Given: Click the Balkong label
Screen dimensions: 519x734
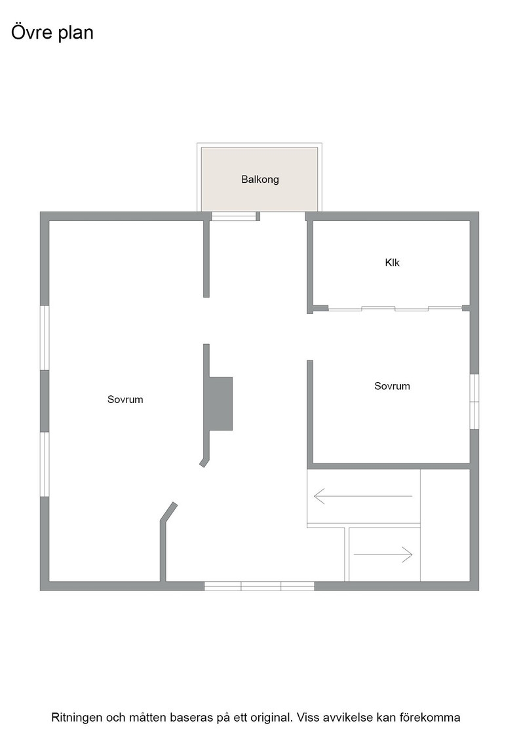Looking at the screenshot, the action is point(259,180).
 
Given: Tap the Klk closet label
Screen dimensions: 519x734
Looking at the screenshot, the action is point(392,263).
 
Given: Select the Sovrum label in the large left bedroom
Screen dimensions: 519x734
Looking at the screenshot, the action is point(125,399).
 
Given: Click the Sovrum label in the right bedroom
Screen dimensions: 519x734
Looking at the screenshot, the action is point(392,386).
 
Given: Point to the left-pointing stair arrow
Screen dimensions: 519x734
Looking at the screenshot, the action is point(363,495).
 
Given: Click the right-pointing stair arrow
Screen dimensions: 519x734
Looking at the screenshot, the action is point(383,554).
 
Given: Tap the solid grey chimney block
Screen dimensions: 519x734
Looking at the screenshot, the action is point(220,404).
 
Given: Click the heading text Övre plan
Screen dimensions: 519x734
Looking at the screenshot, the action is point(52,32).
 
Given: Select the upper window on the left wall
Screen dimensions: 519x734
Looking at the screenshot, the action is point(45,338).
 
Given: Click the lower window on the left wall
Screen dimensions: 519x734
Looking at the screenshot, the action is point(45,464).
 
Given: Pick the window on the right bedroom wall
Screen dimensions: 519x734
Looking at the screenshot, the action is point(474,401).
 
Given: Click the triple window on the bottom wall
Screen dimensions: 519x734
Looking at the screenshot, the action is point(259,586).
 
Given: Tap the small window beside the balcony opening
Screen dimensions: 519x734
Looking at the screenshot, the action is point(234,216).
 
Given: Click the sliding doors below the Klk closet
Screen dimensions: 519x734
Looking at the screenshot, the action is point(395,308).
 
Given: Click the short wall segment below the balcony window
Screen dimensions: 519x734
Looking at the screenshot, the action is point(206,258).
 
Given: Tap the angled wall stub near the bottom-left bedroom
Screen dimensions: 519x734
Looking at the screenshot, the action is point(169,511).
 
